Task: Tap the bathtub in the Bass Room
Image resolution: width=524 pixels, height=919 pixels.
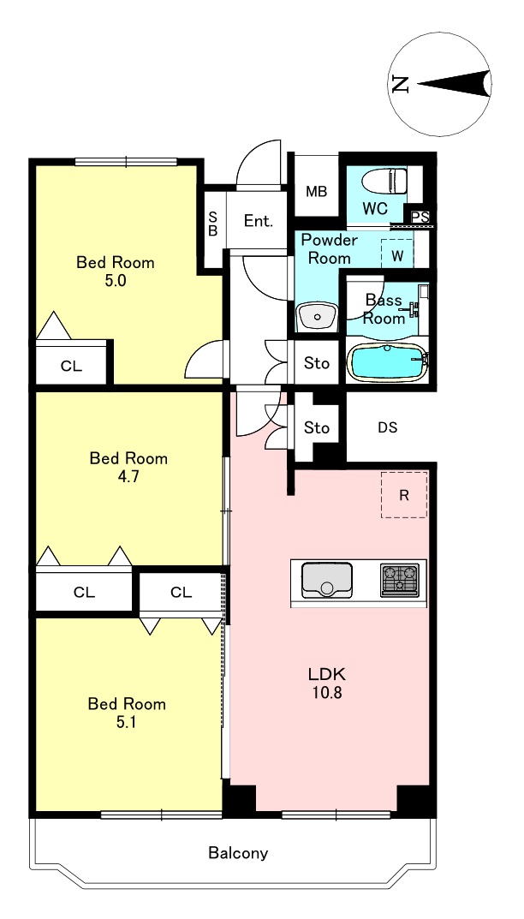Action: tap(387, 362)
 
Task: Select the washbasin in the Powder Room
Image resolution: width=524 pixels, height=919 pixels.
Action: tap(317, 318)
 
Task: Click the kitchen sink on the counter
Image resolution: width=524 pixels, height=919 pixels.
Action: tap(326, 580)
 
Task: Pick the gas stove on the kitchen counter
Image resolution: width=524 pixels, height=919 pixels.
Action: tap(400, 580)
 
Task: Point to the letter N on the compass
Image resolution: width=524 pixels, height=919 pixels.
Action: tap(401, 84)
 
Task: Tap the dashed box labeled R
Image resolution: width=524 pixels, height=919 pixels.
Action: tap(404, 495)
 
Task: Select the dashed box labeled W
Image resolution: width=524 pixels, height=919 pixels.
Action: tap(397, 254)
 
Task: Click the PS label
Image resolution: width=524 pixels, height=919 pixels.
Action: tap(420, 217)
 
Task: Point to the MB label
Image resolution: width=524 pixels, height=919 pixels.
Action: tap(317, 192)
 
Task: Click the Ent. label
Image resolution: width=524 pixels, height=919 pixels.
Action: tap(259, 221)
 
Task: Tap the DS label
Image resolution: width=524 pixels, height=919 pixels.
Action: tap(387, 428)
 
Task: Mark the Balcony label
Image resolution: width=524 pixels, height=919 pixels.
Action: tap(239, 853)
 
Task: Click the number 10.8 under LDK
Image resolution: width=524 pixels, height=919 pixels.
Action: tap(326, 693)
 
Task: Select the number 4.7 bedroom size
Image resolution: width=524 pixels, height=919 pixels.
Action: tap(128, 476)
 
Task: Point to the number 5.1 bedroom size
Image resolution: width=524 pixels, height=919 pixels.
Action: tap(127, 722)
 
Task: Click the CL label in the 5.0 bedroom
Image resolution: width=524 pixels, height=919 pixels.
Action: tap(72, 367)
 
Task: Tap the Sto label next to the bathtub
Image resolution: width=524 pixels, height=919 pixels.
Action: tap(317, 363)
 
